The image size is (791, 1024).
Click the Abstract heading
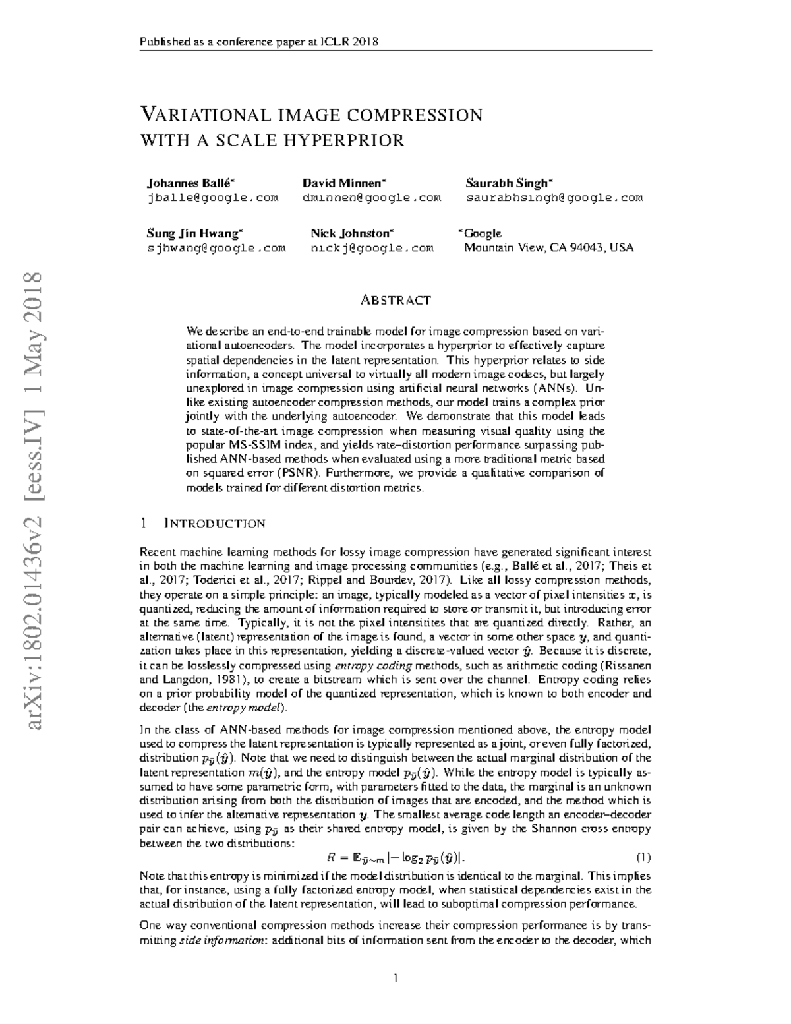pyautogui.click(x=395, y=301)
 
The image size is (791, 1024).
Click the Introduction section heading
pyautogui.click(x=214, y=524)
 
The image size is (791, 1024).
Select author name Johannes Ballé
pyautogui.click(x=189, y=183)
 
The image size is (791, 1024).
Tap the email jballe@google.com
pyautogui.click(x=212, y=197)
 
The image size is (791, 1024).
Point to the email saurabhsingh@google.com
pyautogui.click(x=554, y=197)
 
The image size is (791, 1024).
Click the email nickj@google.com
pyautogui.click(x=372, y=248)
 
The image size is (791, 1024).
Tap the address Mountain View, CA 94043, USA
pyautogui.click(x=548, y=248)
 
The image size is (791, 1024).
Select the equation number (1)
pyautogui.click(x=643, y=858)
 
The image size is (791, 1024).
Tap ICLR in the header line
pyautogui.click(x=336, y=42)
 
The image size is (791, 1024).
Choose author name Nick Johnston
pyautogui.click(x=352, y=233)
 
